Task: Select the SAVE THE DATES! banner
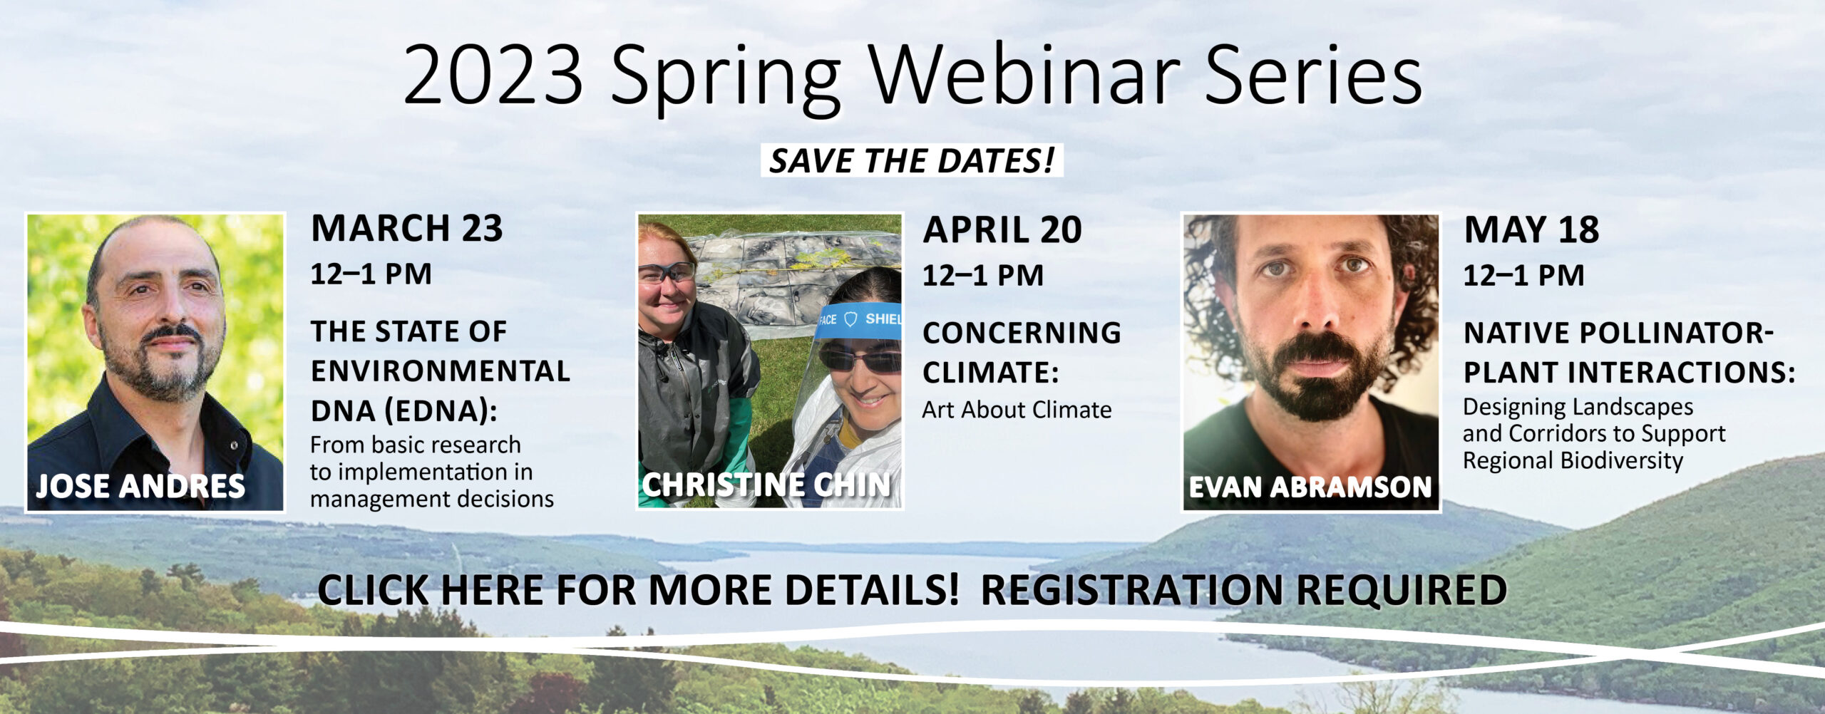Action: coord(912,160)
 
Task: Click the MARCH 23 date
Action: coord(407,228)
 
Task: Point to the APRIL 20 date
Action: coord(1002,229)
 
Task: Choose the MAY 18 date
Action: coord(1531,229)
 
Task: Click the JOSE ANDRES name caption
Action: coord(140,486)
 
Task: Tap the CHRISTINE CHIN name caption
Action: coord(766,485)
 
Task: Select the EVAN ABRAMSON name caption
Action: coord(1310,487)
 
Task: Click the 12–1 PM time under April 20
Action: coord(983,275)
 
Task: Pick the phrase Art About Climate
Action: coord(1017,410)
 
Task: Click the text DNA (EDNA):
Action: coord(403,411)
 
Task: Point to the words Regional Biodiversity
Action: coord(1573,460)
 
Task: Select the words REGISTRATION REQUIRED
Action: coord(1244,590)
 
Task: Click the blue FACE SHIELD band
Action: coord(859,320)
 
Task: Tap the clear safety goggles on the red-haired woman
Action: coord(666,272)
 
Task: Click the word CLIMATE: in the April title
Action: coord(991,373)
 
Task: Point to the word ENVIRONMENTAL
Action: coord(441,371)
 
